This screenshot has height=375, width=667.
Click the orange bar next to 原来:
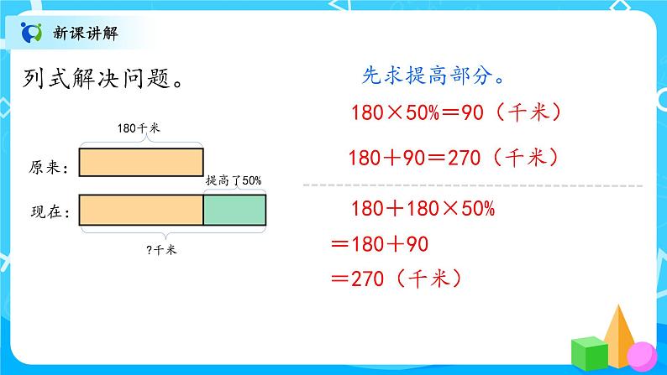[140, 162]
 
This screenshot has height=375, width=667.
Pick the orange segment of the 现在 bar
[140, 209]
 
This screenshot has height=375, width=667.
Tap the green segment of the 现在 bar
[234, 209]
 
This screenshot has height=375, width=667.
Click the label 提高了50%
[234, 180]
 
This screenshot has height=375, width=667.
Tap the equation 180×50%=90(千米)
[453, 112]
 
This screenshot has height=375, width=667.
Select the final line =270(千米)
[398, 279]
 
